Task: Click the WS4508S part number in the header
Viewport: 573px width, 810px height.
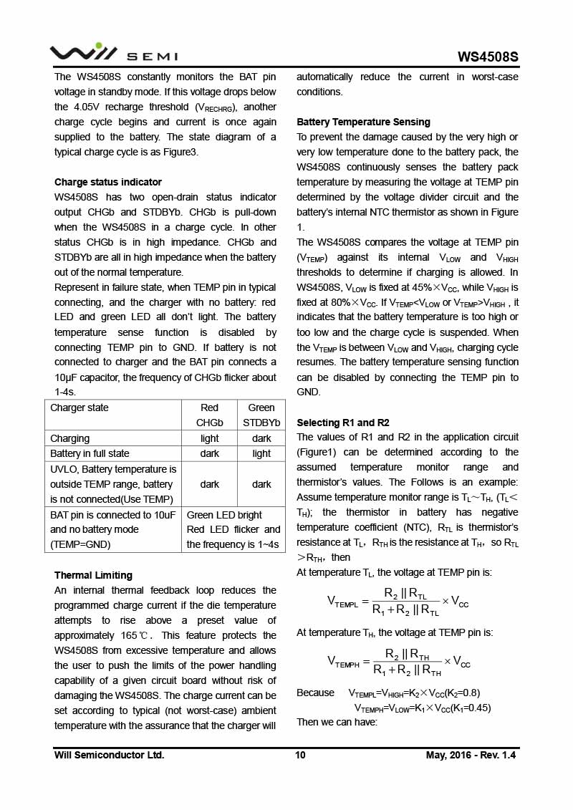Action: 488,57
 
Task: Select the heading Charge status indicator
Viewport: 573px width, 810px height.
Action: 108,182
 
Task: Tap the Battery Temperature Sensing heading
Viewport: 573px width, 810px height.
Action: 363,122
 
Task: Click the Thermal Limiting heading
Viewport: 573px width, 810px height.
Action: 93,575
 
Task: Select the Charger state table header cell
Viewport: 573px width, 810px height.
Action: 80,408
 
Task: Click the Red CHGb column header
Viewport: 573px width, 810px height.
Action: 210,415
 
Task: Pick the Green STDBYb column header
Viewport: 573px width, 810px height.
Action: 261,415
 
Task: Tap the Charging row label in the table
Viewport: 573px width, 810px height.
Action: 70,438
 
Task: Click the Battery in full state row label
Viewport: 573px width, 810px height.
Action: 90,453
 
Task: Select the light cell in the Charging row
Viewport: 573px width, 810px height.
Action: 210,438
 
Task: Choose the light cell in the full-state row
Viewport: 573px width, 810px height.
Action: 261,453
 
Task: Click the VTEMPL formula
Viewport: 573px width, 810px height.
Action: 398,602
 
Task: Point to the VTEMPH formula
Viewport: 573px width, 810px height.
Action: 398,662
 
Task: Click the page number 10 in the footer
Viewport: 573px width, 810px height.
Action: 300,755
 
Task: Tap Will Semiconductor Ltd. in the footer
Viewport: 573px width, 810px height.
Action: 109,755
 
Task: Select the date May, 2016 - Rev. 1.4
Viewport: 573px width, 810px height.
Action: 471,755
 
